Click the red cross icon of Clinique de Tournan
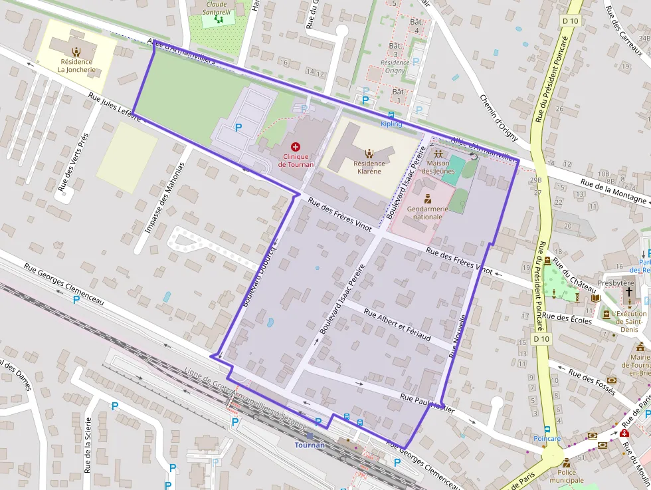(295, 146)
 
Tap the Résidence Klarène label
(369, 167)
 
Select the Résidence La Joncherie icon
(76, 51)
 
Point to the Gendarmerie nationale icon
(428, 198)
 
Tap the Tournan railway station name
(310, 445)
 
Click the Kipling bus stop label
(391, 124)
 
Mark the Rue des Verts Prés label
(73, 163)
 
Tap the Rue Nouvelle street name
(459, 336)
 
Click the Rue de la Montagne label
(612, 191)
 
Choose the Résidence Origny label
(394, 66)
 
